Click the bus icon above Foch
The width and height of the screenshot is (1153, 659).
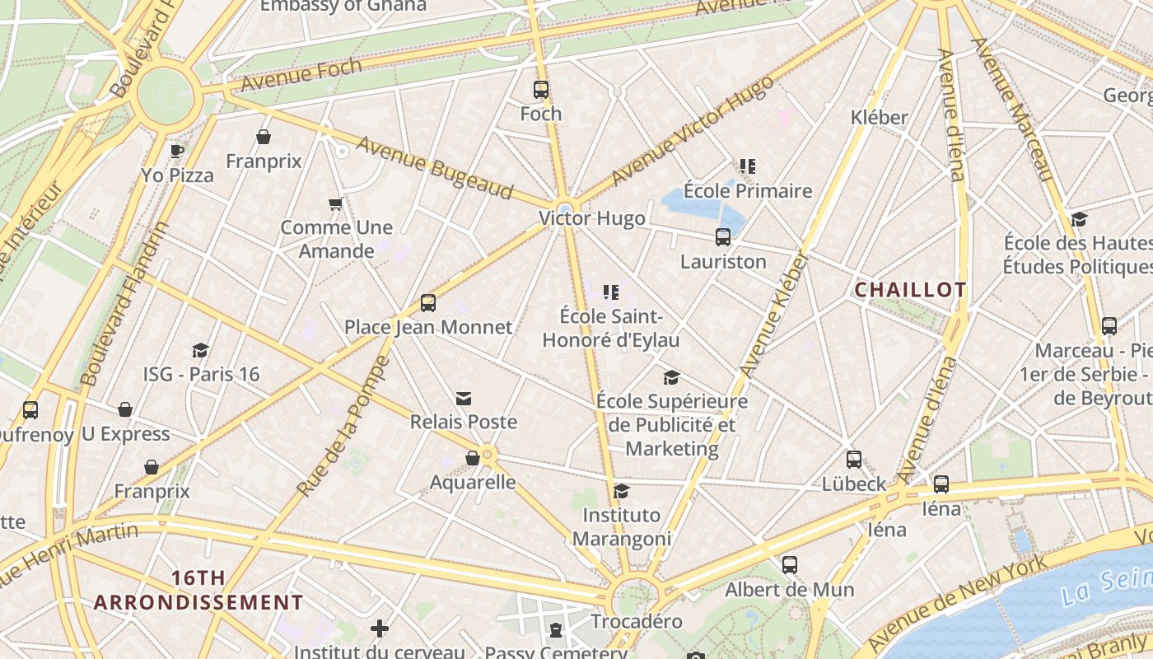pos(541,90)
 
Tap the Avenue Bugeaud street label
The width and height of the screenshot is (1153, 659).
pos(434,168)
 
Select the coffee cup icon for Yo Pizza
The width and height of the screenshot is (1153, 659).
pos(176,151)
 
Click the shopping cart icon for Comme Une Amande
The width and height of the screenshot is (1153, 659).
pos(335,203)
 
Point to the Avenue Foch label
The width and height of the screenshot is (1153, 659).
pos(301,75)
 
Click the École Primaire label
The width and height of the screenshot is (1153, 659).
pos(748,191)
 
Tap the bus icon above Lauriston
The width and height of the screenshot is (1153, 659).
pos(723,237)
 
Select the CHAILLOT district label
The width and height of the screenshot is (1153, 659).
pos(910,290)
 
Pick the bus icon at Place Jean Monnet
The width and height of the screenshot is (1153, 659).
pos(428,303)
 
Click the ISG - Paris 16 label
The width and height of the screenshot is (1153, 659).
pos(201,374)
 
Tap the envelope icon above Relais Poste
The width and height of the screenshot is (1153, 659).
pos(464,399)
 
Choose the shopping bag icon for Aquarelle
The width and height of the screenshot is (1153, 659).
pos(473,458)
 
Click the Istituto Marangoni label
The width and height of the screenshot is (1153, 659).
pos(622,527)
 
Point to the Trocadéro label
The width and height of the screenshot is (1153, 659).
pos(637,621)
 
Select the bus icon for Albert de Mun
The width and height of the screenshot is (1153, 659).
pos(790,565)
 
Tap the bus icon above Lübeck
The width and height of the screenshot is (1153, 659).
pos(854,460)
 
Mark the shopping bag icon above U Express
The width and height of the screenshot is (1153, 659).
pos(125,410)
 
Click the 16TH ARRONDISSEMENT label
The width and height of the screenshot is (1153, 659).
pos(198,590)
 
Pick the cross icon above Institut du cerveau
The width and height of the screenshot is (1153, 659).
pos(380,629)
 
